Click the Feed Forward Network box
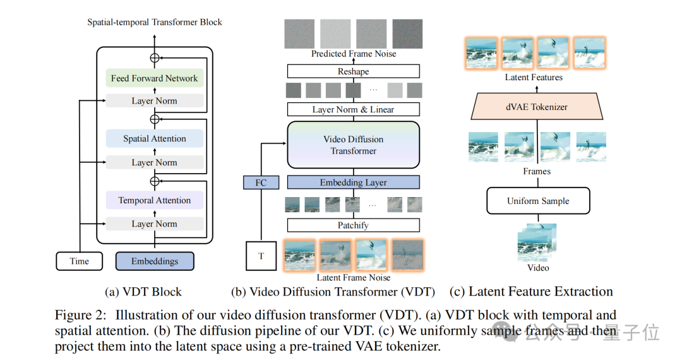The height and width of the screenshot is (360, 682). (x=155, y=78)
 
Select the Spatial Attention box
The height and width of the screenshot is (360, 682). (x=155, y=139)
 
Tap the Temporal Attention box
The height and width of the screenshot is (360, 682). (x=155, y=200)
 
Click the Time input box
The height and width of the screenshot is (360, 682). (x=80, y=261)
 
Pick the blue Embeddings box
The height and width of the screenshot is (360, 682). (x=155, y=261)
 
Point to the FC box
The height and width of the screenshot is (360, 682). (x=261, y=183)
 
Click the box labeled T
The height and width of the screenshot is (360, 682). (x=261, y=256)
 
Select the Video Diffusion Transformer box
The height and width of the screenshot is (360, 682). (x=353, y=145)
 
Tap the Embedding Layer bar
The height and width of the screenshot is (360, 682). (x=353, y=183)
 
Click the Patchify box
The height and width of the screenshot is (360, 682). (x=353, y=225)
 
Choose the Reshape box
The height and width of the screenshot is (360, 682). (x=353, y=71)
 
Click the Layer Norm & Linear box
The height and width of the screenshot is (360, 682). (x=353, y=109)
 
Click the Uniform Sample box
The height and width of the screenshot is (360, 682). (x=538, y=201)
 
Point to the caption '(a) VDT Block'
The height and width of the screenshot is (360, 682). (x=143, y=292)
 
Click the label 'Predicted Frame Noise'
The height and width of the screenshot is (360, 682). (x=354, y=54)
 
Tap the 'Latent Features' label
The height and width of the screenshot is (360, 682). (x=534, y=77)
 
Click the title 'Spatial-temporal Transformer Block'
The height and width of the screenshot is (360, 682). (x=155, y=22)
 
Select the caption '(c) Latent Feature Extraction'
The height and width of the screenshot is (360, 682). (x=531, y=292)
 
